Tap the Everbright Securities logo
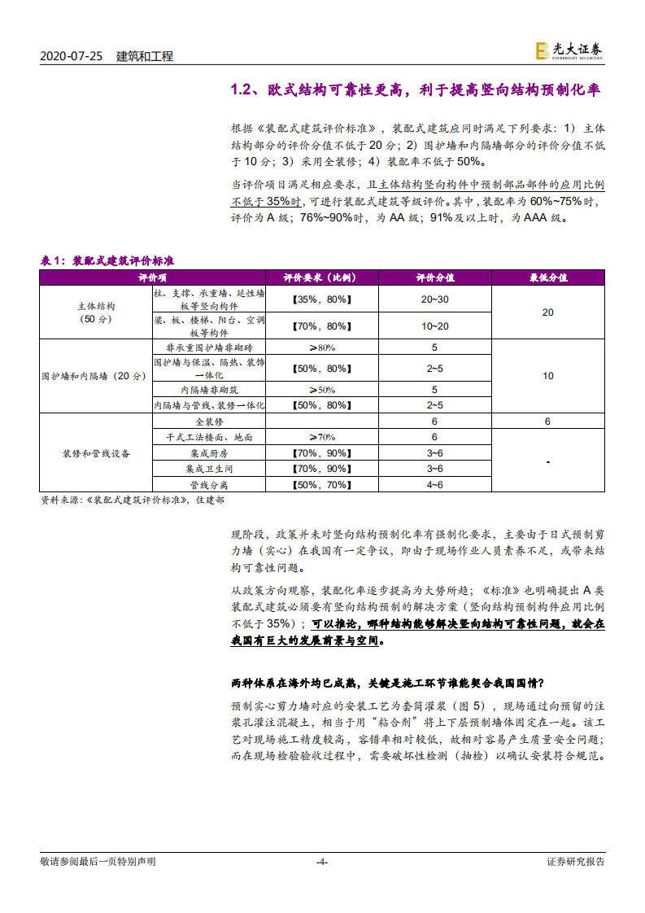tap(569, 51)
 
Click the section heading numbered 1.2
tap(416, 90)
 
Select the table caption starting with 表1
tap(107, 260)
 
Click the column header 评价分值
tap(434, 277)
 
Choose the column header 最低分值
tap(547, 277)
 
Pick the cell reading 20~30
tap(434, 299)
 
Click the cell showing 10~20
tap(434, 325)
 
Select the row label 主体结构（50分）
tap(96, 312)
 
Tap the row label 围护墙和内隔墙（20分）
tap(94, 376)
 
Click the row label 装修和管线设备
tap(96, 452)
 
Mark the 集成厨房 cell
tap(209, 452)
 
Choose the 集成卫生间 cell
tap(209, 469)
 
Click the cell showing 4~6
tap(434, 484)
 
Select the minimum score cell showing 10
tap(547, 376)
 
